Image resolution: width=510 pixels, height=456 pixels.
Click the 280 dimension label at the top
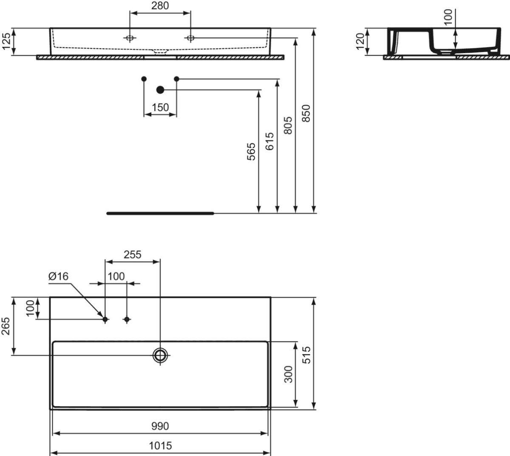tap(160, 6)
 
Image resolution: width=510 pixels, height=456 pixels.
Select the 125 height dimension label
tap(6, 41)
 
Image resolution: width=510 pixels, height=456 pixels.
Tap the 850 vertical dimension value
tap(306, 114)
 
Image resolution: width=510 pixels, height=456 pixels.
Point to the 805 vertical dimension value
tap(288, 125)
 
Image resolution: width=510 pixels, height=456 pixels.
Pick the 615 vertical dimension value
tap(269, 141)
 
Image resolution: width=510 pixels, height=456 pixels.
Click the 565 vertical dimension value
tap(251, 152)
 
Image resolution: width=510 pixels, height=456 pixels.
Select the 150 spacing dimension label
tap(160, 108)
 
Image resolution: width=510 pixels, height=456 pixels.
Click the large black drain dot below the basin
tap(160, 90)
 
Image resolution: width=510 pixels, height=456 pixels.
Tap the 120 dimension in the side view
tap(360, 41)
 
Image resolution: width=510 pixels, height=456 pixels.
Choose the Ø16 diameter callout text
tap(58, 276)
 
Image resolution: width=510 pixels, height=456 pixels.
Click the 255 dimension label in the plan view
tap(133, 255)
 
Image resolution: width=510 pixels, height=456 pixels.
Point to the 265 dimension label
tap(6, 327)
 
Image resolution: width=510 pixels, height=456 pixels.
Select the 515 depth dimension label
tap(306, 355)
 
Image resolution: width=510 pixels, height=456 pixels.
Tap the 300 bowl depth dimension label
tap(288, 374)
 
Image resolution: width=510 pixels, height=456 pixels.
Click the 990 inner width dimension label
tap(160, 426)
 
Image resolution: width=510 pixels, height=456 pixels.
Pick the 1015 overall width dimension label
tap(160, 446)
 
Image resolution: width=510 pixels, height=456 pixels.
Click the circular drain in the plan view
tap(160, 356)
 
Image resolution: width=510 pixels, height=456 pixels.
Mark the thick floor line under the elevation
tap(160, 213)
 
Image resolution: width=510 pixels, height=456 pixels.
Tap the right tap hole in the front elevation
tap(190, 38)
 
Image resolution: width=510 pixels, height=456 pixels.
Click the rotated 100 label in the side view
tap(448, 17)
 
